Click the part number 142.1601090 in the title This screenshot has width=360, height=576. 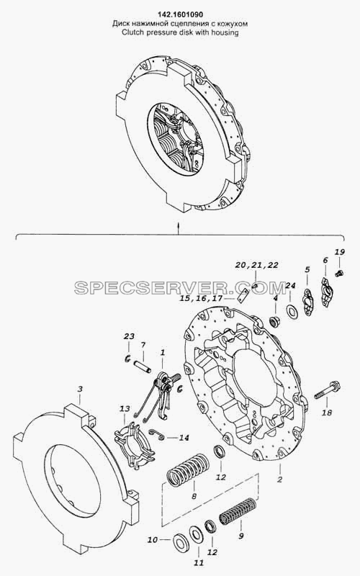click(x=180, y=14)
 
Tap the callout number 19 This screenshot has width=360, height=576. click(x=340, y=252)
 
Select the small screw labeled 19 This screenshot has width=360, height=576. click(x=339, y=273)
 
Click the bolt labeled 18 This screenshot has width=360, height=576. click(x=328, y=390)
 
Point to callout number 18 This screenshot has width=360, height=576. click(x=327, y=413)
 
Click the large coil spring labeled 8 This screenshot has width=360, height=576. click(x=189, y=471)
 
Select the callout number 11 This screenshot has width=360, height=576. click(x=199, y=562)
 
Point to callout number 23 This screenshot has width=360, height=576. click(x=129, y=336)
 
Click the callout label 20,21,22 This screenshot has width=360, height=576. click(x=257, y=265)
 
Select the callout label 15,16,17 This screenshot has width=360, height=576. click(x=201, y=299)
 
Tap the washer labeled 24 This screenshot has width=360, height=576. click(x=292, y=312)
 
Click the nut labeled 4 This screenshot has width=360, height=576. click(x=274, y=322)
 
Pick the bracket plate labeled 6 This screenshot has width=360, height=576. click(x=327, y=292)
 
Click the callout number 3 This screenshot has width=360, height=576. click(x=80, y=389)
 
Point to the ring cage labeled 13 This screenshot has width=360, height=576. click(x=135, y=446)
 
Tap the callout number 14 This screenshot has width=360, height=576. click(x=184, y=438)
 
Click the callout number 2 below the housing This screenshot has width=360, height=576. click(x=280, y=480)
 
